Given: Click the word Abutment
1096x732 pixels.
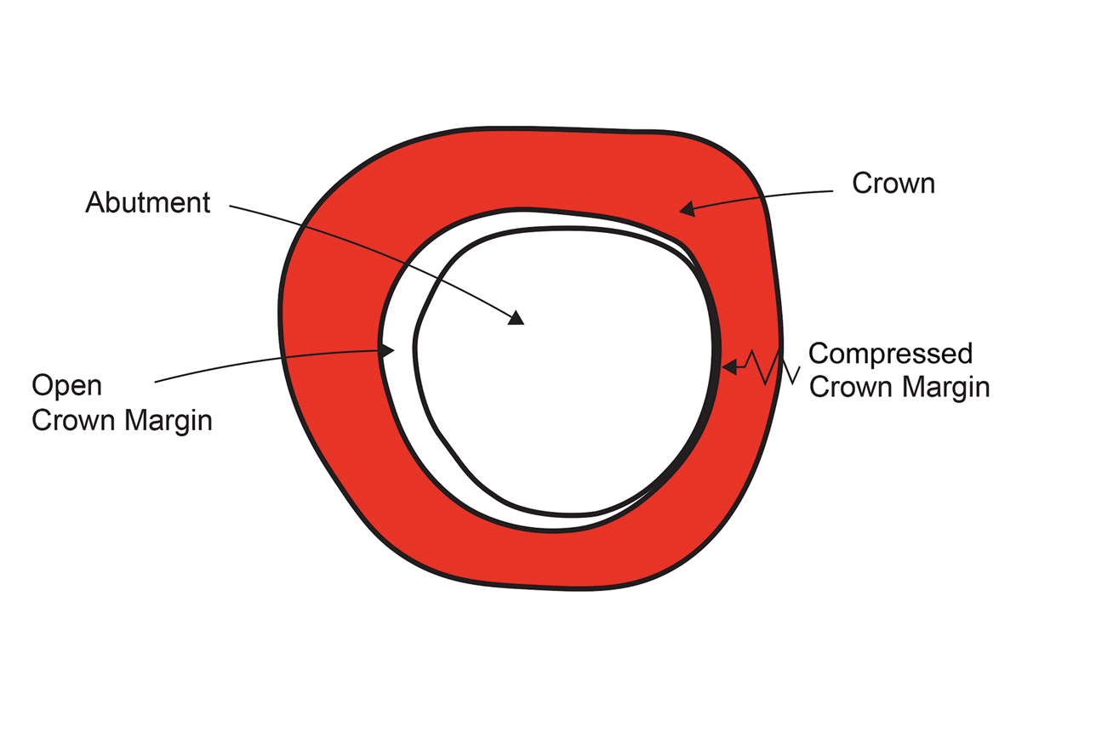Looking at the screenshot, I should (147, 203).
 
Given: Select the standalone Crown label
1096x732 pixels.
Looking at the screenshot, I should (893, 184).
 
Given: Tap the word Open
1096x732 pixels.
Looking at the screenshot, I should (66, 387).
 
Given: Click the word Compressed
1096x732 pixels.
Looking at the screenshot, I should (890, 353).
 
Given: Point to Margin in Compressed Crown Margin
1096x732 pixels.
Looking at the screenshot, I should (946, 388).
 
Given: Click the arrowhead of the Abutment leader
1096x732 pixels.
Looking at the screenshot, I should (516, 318).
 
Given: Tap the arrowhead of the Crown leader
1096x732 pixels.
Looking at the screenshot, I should (687, 207).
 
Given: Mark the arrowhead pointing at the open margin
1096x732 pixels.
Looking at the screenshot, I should (388, 350).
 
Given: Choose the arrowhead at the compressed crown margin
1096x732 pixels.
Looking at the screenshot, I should (728, 366).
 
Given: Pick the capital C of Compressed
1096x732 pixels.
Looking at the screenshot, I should (819, 353).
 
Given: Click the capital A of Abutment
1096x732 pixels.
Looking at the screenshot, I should (94, 203).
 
